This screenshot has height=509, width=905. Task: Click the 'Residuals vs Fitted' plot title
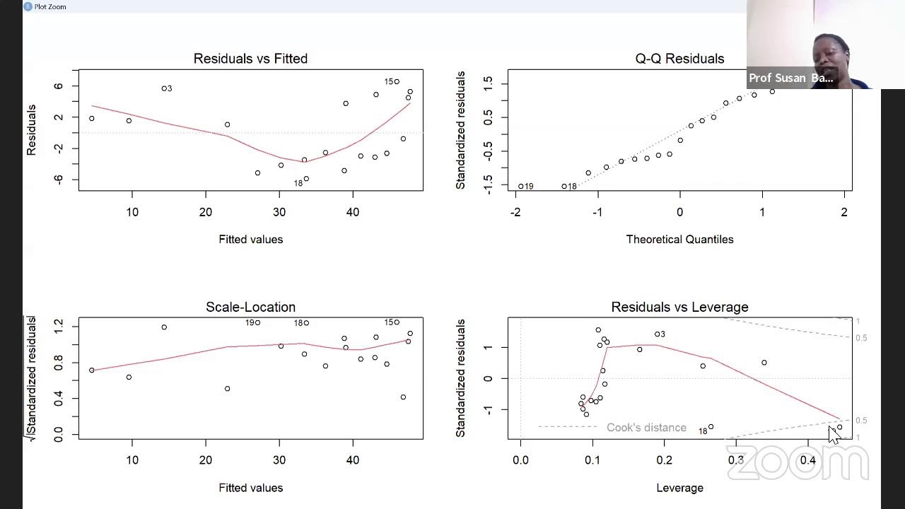pyautogui.click(x=250, y=59)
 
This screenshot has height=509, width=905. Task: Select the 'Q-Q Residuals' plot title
pyautogui.click(x=679, y=59)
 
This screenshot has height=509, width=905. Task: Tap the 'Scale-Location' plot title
pyautogui.click(x=250, y=307)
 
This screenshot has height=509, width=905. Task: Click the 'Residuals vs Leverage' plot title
pyautogui.click(x=679, y=307)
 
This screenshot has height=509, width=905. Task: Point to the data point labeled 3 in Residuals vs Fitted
pyautogui.click(x=163, y=88)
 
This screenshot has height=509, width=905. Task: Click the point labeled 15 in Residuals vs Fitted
pyautogui.click(x=397, y=82)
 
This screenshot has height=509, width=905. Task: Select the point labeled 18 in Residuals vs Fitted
pyautogui.click(x=306, y=179)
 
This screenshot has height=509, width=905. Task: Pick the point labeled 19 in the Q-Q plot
pyautogui.click(x=521, y=187)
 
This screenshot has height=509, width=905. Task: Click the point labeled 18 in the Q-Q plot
pyautogui.click(x=564, y=187)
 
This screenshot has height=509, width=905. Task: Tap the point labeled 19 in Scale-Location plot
pyautogui.click(x=257, y=323)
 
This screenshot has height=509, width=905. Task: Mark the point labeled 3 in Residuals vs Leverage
pyautogui.click(x=657, y=334)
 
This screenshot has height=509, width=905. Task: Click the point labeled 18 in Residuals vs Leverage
pyautogui.click(x=711, y=427)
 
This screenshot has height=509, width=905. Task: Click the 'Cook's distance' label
pyautogui.click(x=646, y=428)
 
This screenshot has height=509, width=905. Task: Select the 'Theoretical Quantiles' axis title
pyautogui.click(x=679, y=240)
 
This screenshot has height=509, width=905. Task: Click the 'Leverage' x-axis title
pyautogui.click(x=679, y=488)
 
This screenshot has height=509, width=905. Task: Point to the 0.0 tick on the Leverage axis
pyautogui.click(x=520, y=460)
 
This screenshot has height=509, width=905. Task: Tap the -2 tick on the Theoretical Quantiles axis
pyautogui.click(x=515, y=212)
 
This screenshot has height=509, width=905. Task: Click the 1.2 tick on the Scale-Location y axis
pyautogui.click(x=58, y=325)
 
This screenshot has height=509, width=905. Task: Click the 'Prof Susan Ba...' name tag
pyautogui.click(x=790, y=78)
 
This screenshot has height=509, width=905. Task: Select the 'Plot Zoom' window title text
pyautogui.click(x=50, y=6)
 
